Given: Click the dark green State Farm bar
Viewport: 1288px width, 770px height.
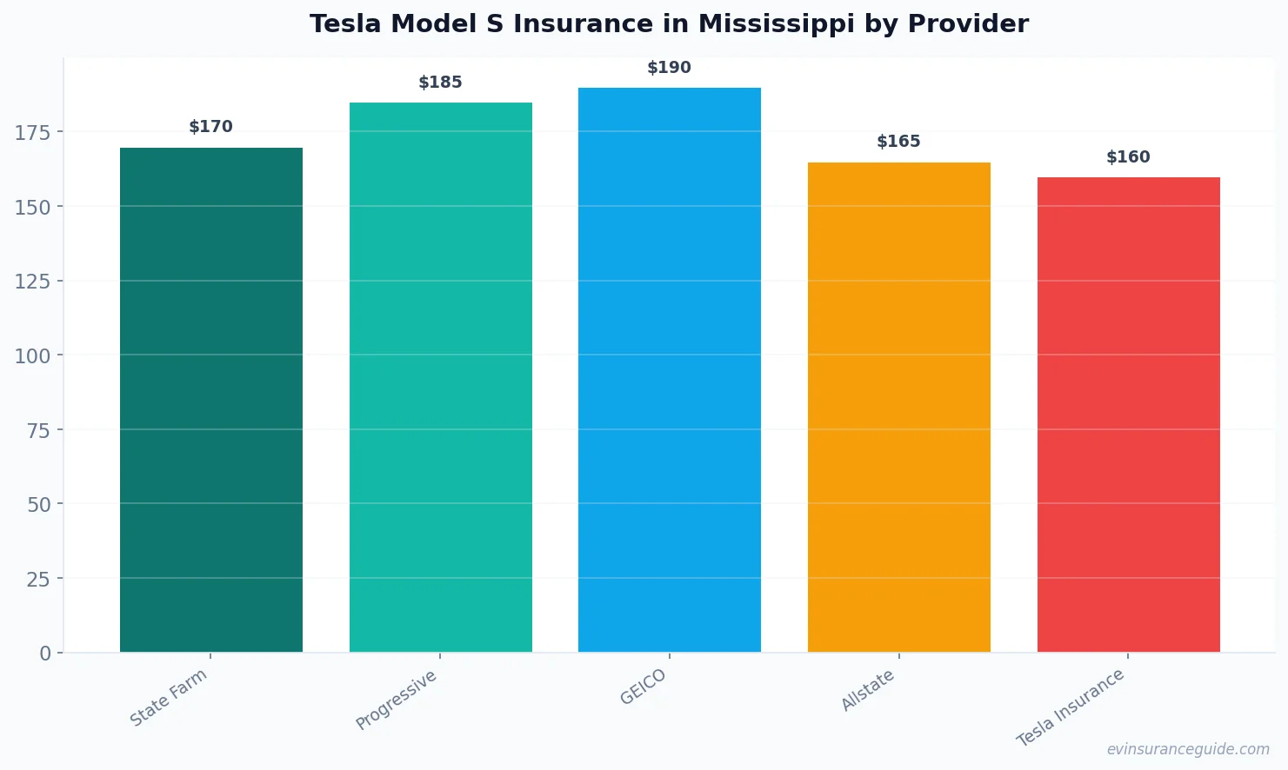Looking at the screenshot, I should click(211, 400).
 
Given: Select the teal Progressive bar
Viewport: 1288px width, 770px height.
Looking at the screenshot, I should click(440, 378).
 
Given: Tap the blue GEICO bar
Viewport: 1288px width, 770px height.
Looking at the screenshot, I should click(669, 370).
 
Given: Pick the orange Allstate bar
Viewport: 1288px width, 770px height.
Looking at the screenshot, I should click(898, 407).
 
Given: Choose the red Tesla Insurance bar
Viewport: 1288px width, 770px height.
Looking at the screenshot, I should click(1128, 415).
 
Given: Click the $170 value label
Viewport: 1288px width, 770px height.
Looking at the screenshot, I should click(211, 127).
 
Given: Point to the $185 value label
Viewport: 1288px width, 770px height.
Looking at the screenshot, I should click(440, 83).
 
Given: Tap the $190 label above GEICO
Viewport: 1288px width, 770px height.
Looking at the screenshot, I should click(669, 68).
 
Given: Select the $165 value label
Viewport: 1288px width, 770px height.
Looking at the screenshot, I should click(898, 142).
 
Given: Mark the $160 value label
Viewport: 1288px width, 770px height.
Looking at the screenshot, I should click(1128, 157).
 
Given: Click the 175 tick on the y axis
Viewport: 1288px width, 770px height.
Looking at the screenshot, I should click(33, 133).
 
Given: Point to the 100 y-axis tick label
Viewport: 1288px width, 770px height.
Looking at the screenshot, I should click(33, 355).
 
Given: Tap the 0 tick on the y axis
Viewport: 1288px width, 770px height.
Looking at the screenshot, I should click(45, 654).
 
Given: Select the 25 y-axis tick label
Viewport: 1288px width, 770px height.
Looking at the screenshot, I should click(38, 579).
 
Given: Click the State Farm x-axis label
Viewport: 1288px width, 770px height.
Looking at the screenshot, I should click(169, 697).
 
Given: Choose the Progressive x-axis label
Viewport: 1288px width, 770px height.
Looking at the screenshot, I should click(397, 700).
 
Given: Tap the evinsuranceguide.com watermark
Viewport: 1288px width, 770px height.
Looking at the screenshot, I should click(1188, 749).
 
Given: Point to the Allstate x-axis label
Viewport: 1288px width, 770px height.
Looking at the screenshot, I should click(868, 691).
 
